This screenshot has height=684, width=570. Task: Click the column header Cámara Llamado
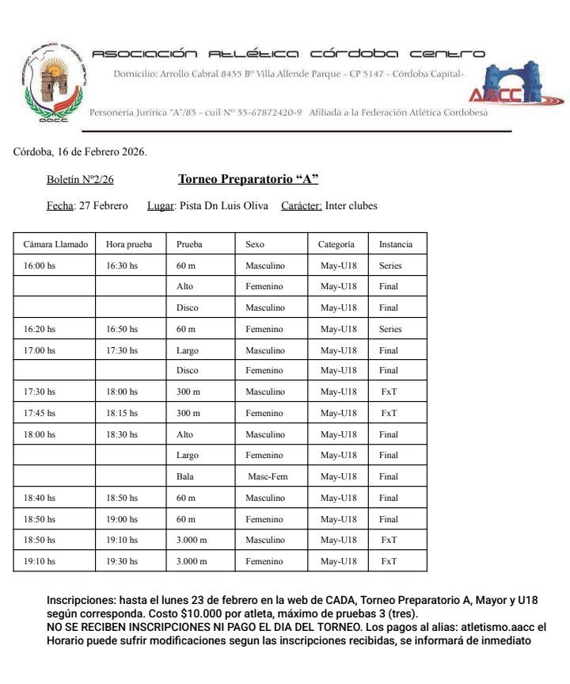click(55, 244)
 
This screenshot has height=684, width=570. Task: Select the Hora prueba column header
click(129, 244)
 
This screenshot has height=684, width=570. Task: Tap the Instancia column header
click(396, 244)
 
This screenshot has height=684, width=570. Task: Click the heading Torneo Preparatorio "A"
click(248, 179)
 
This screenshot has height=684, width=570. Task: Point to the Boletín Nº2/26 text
click(80, 180)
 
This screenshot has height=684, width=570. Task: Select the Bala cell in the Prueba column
click(185, 476)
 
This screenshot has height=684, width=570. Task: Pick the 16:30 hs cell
click(122, 266)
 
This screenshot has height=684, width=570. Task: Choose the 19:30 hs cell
click(122, 561)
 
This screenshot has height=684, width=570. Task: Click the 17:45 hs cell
click(40, 413)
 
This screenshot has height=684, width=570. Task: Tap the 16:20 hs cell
click(40, 329)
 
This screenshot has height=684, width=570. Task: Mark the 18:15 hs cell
click(122, 413)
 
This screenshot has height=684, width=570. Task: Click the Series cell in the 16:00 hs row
click(390, 266)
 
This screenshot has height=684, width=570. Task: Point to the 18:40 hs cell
click(40, 498)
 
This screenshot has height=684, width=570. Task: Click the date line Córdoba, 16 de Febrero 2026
click(80, 151)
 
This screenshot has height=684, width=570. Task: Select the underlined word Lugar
click(161, 206)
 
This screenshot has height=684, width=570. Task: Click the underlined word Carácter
click(301, 206)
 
